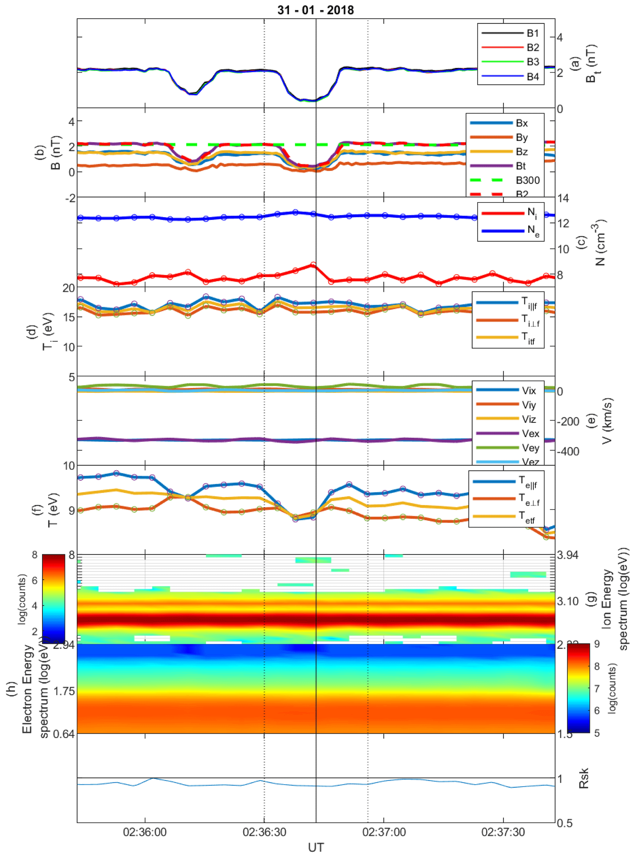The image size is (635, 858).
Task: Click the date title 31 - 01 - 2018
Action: click(316, 10)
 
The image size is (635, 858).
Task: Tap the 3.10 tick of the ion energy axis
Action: click(567, 601)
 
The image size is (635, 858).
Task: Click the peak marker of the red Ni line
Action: click(313, 265)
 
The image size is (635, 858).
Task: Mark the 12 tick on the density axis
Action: click(563, 223)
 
